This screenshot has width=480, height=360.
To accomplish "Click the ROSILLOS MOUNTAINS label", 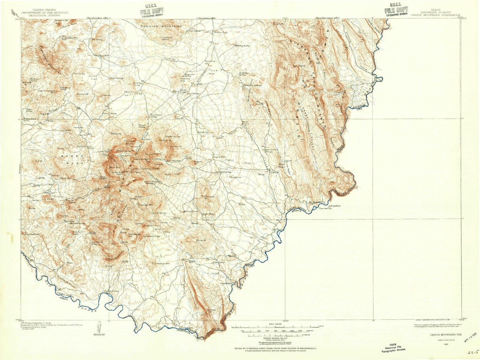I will point(161,26).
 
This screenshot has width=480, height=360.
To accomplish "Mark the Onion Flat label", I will point(93,77).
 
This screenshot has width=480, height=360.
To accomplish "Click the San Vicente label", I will point(278,229).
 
